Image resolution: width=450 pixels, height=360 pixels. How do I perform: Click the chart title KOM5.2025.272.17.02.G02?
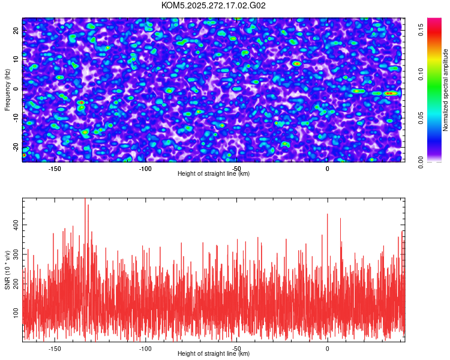pos(214,5)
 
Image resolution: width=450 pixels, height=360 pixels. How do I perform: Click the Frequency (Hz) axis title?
pos(8,89)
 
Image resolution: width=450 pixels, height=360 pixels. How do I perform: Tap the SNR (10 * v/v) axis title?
pos(8,269)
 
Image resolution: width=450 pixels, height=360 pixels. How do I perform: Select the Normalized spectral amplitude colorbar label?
pos(446,90)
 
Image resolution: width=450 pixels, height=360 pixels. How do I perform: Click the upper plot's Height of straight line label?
pos(214,173)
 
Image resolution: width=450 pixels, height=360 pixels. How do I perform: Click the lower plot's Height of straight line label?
pos(214,353)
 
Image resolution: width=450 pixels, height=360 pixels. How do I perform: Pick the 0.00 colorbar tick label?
pos(421,163)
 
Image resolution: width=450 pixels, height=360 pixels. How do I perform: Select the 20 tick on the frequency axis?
pos(16,31)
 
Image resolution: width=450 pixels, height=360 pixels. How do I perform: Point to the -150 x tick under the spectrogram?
pos(55,168)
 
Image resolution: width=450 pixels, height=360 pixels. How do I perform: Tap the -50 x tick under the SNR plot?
pos(236,348)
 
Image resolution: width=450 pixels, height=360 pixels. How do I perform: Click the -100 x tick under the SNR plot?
pos(145,348)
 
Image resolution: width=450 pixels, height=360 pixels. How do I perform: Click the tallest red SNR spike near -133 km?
pos(85,200)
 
